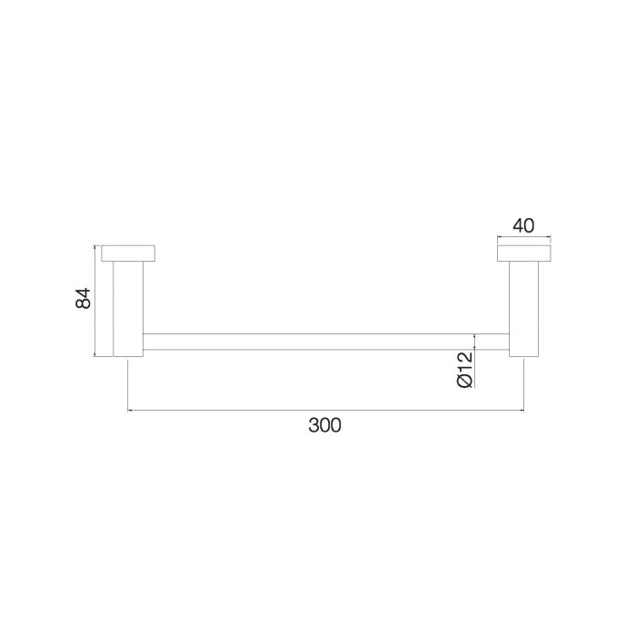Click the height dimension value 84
point(83,299)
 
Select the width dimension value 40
point(523,225)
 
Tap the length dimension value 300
point(324,424)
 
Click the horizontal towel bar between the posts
point(324,341)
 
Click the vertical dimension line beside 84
point(95,300)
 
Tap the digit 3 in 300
point(313,424)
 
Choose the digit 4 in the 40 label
point(518,225)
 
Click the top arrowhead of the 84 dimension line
point(95,247)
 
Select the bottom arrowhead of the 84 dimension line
point(95,354)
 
